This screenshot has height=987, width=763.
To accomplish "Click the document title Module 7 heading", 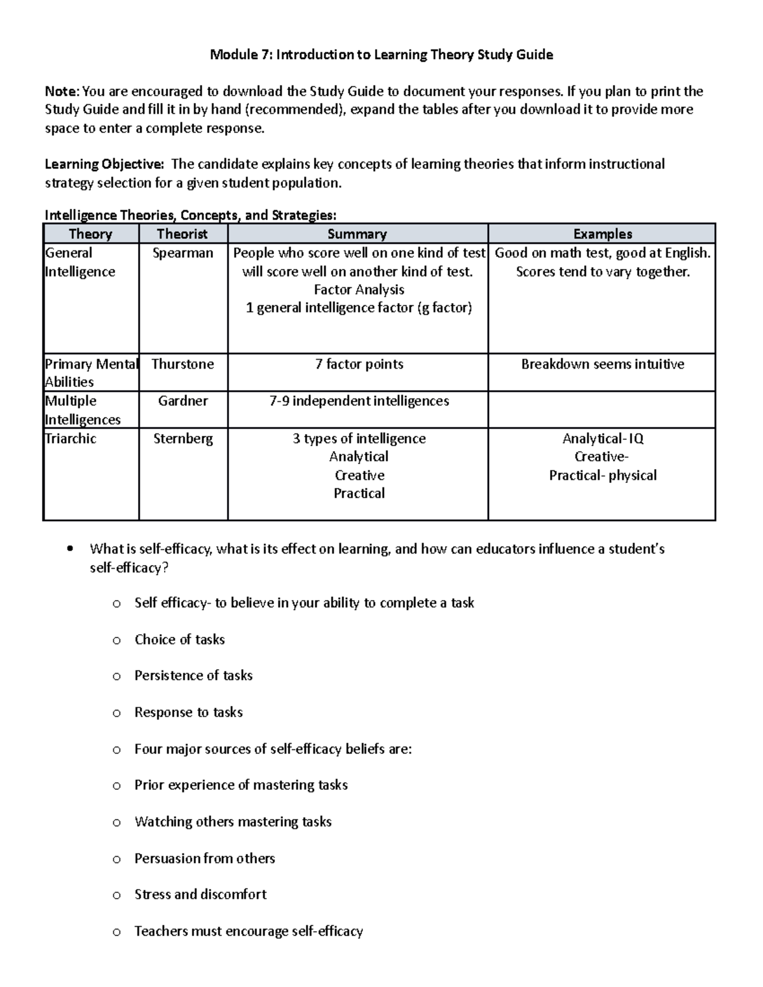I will (x=381, y=55).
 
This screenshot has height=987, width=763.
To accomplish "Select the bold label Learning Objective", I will (x=103, y=164).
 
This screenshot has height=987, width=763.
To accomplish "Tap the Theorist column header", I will (x=182, y=234).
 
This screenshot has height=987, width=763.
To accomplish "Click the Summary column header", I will (x=357, y=234).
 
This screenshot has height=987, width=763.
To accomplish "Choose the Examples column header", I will (x=602, y=234).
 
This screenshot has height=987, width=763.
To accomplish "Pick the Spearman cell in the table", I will (x=183, y=253).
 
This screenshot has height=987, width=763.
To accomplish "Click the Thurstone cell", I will (x=183, y=364).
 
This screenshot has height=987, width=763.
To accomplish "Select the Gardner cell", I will (x=183, y=401).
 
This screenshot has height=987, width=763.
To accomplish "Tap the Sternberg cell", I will (x=183, y=439).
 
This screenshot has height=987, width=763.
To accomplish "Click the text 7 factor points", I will (x=359, y=364).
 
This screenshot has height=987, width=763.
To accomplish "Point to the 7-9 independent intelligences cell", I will (x=359, y=401).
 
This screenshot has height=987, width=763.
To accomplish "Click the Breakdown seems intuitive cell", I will (x=602, y=364).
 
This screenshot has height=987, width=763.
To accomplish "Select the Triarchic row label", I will (x=71, y=439).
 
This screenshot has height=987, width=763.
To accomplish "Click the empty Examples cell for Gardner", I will (x=601, y=409).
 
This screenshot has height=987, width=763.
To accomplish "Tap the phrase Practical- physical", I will (x=603, y=475).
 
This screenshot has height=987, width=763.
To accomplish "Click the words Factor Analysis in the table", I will (x=359, y=290).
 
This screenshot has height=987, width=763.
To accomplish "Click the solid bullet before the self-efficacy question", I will (x=70, y=549).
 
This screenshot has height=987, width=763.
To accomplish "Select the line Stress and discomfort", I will (x=200, y=894).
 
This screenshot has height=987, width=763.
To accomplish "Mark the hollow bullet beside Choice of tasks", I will (x=116, y=641).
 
